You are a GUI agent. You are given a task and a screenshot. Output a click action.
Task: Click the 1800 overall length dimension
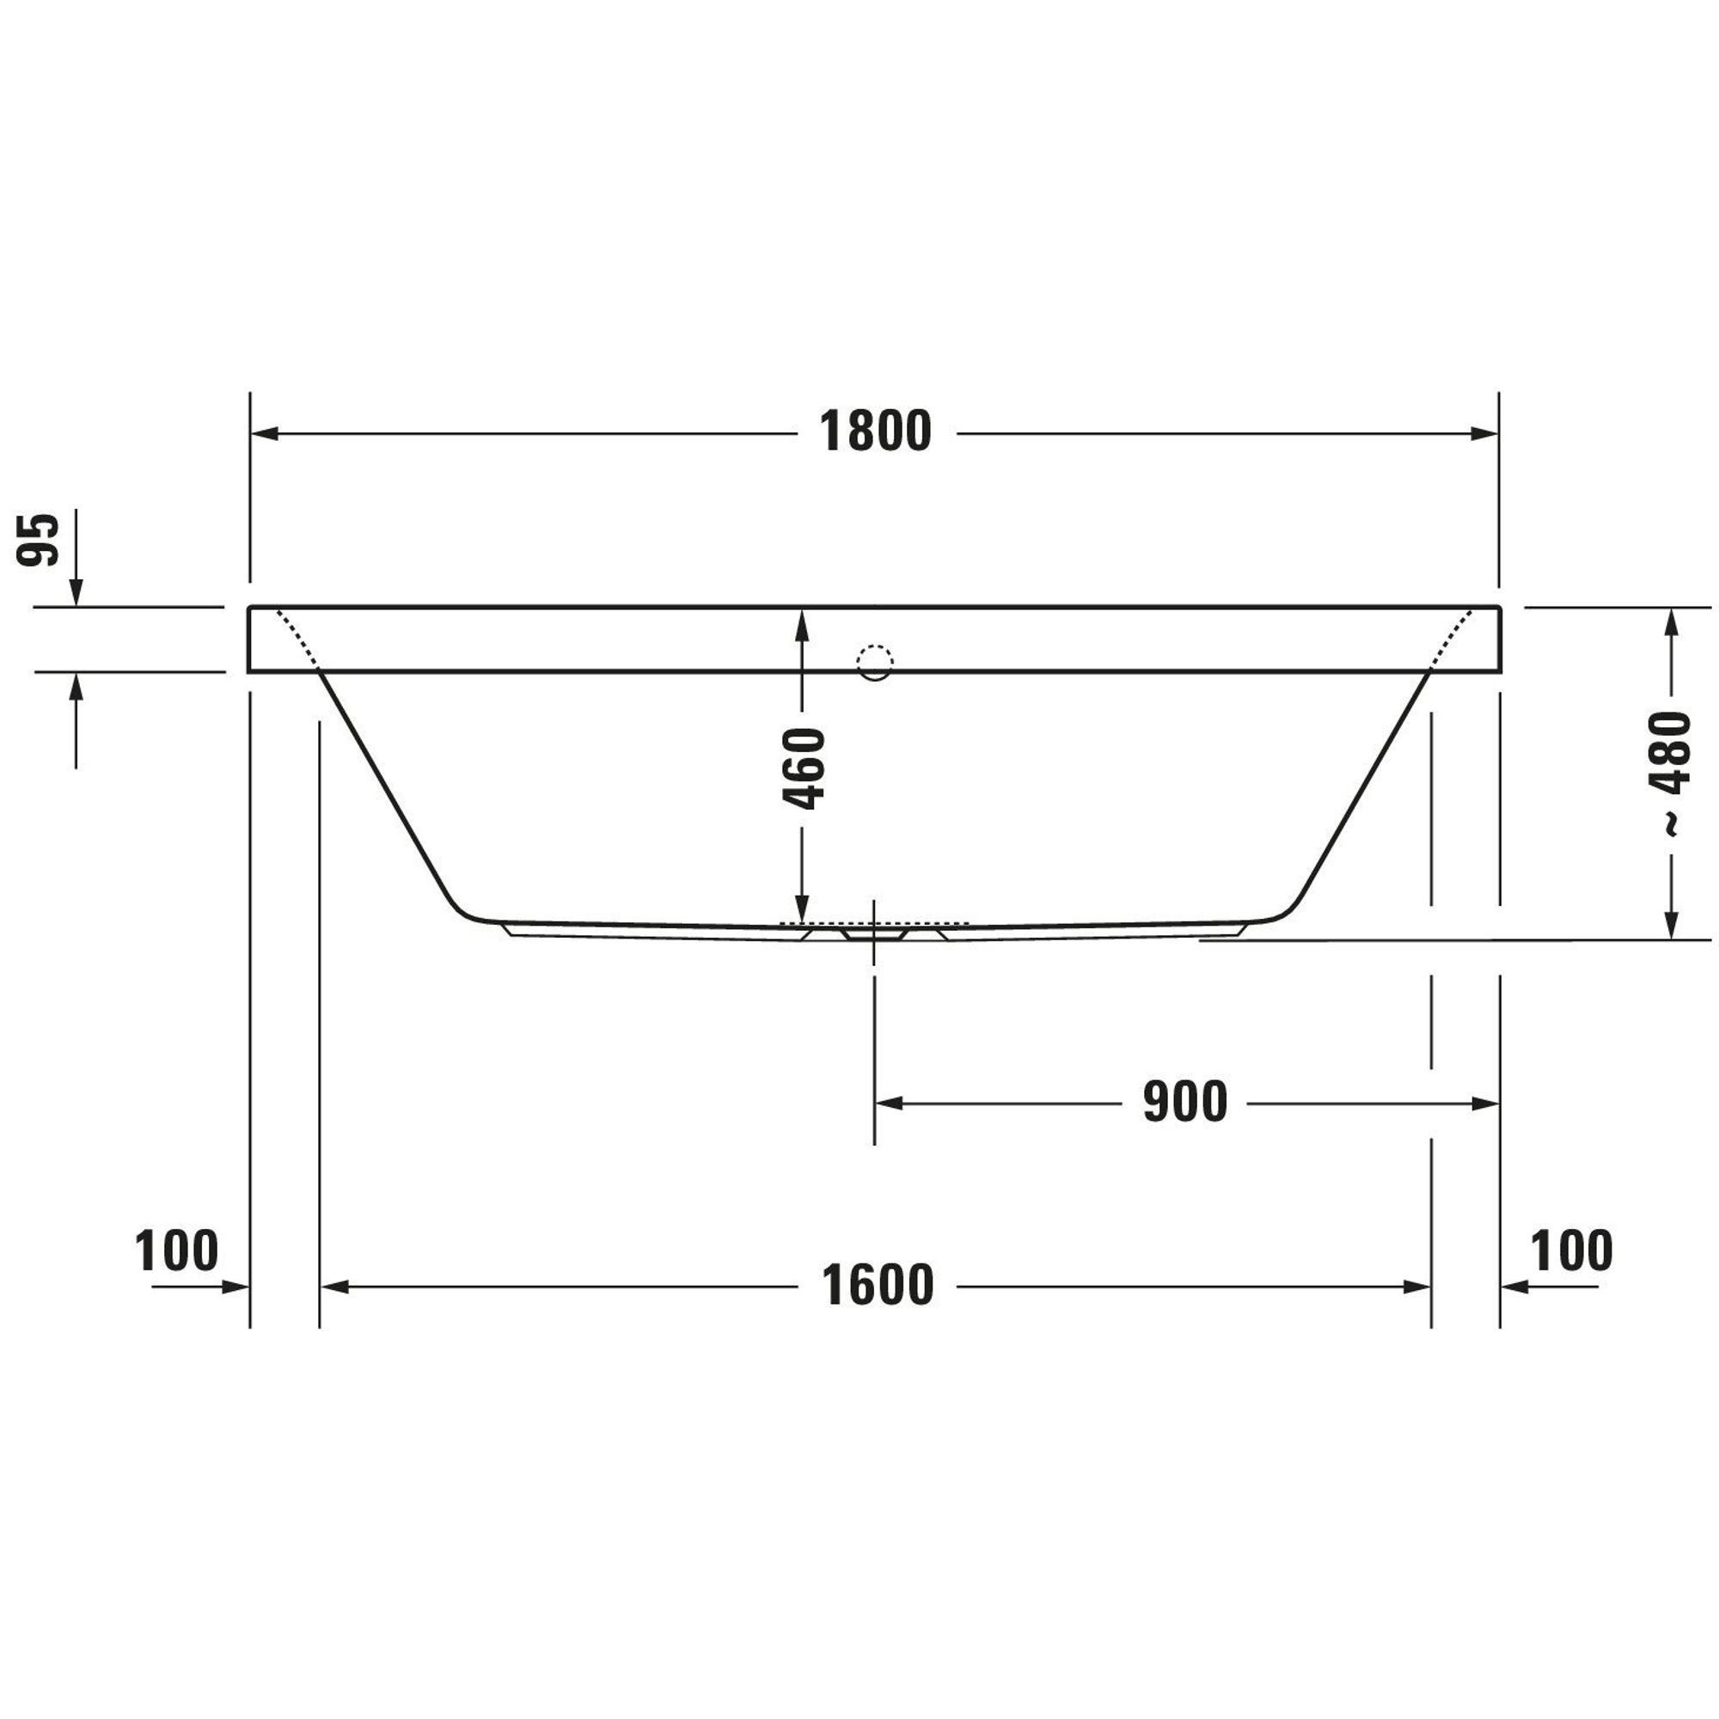point(876,431)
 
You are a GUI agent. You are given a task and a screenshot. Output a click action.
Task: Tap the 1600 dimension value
point(878,1285)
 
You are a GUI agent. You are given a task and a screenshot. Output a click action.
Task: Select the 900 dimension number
point(1185,1102)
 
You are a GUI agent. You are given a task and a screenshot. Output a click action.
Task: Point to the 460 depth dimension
point(804,768)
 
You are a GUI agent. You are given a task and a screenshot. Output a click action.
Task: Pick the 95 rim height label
point(39,539)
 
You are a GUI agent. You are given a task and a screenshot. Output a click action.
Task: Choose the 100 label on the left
point(176,1250)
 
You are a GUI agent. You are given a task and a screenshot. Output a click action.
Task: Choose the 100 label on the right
point(1571,1250)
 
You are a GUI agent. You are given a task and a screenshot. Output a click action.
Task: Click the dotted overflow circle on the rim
point(875,662)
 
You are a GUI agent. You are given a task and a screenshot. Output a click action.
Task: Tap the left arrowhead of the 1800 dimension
point(265,434)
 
